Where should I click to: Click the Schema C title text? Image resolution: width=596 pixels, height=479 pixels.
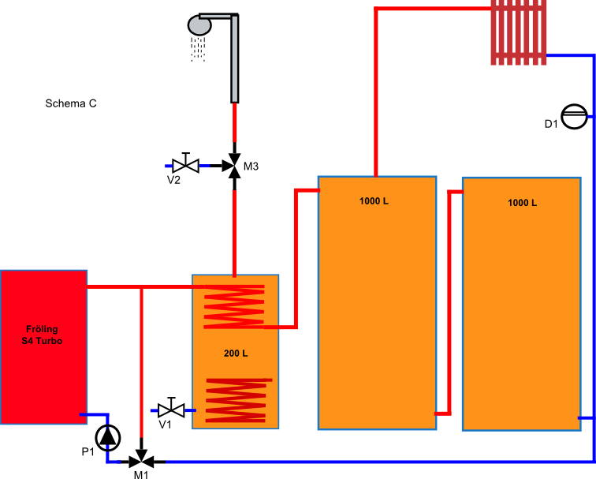71,103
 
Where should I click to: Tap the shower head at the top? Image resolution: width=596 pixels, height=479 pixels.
199,25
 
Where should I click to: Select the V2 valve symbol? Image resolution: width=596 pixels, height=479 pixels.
186,165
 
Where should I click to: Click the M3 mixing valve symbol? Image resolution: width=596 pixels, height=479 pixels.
234,166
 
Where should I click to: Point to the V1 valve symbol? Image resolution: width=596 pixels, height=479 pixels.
171,410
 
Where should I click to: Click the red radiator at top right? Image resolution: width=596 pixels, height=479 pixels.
519,32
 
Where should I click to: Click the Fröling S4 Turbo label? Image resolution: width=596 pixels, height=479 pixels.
42,335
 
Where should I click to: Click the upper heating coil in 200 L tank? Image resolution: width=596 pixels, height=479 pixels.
234,306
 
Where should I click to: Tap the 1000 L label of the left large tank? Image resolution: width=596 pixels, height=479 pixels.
374,200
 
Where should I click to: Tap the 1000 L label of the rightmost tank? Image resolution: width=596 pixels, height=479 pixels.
522,203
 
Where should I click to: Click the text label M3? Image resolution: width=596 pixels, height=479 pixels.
251,167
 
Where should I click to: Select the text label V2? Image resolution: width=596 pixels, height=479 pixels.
173,180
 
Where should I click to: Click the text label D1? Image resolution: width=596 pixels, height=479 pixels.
551,124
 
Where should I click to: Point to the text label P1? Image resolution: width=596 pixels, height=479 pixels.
88,452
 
